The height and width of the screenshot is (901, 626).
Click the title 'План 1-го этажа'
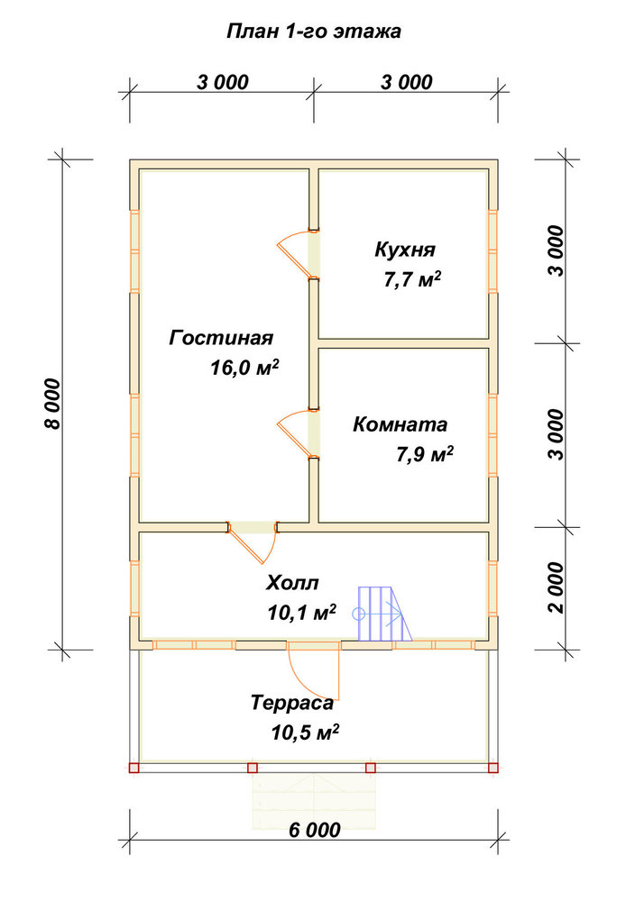tap(314, 31)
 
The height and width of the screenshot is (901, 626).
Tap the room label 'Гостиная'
tap(221, 337)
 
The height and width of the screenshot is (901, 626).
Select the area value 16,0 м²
tap(244, 368)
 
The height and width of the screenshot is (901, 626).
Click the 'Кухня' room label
tap(405, 250)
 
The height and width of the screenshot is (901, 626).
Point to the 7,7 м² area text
tap(412, 280)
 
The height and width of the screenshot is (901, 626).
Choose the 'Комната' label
tap(400, 424)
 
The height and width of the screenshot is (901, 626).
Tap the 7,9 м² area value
tap(425, 454)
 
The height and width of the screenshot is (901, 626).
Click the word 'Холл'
tap(292, 583)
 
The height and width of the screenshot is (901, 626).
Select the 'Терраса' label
tap(292, 703)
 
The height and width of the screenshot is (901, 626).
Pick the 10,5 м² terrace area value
tap(305, 733)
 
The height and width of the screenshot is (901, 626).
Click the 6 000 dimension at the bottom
tap(315, 830)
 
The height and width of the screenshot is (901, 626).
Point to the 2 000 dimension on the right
tap(557, 587)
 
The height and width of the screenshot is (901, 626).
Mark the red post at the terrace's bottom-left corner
tap(134, 768)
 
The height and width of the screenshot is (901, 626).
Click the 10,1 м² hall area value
tap(302, 613)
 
